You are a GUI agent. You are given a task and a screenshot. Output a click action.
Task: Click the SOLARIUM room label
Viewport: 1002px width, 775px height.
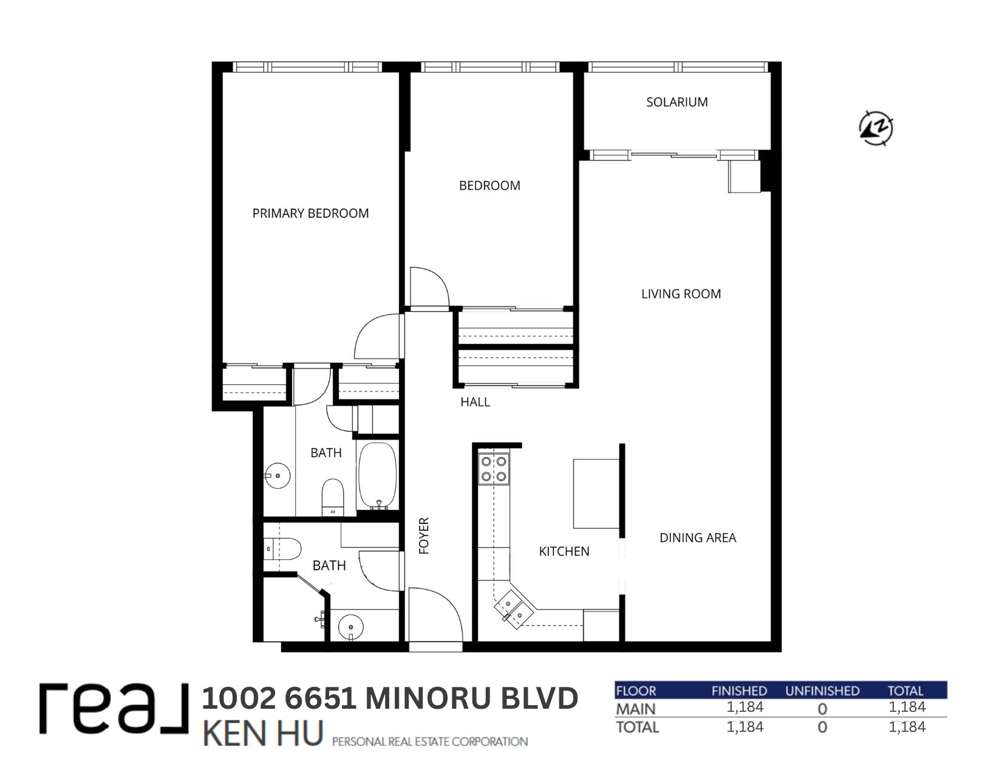click(x=677, y=102)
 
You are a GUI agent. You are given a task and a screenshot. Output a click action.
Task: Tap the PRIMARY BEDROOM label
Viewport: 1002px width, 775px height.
click(x=310, y=213)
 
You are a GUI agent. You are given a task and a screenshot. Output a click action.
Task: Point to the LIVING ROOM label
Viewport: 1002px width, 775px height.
click(x=681, y=294)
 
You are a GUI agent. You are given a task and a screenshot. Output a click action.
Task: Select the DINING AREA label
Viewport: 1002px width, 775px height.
click(x=698, y=538)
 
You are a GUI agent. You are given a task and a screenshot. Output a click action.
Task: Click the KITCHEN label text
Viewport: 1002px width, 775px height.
click(x=564, y=551)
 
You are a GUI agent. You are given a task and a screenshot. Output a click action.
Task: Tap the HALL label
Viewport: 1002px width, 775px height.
click(x=475, y=402)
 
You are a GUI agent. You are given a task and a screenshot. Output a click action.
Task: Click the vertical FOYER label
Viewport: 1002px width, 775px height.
click(x=424, y=536)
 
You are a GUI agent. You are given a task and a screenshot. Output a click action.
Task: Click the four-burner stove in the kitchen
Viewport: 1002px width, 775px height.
click(x=494, y=469)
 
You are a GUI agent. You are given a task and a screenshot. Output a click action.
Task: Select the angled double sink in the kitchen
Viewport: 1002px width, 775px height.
click(x=514, y=609)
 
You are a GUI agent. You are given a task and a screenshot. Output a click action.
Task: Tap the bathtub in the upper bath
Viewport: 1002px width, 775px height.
click(x=378, y=476)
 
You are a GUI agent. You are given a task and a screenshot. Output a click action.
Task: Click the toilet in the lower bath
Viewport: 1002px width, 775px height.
click(x=282, y=549)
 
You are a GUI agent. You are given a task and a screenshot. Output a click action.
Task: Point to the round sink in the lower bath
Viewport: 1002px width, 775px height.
click(x=350, y=627)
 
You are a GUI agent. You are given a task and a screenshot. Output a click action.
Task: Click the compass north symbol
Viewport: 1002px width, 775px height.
click(x=876, y=128)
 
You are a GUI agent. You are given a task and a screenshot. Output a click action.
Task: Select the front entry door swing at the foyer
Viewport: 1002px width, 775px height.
click(x=436, y=615)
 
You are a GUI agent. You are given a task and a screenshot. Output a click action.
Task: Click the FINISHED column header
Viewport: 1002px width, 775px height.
click(x=739, y=691)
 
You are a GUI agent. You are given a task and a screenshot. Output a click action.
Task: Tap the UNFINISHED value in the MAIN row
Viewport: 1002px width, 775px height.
click(x=822, y=709)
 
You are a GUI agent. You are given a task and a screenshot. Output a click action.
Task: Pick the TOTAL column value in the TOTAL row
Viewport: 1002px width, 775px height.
click(x=907, y=727)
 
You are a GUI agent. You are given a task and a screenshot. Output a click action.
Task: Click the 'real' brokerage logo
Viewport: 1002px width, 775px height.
click(x=114, y=709)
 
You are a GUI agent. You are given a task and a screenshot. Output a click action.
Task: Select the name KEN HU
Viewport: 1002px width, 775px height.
click(x=263, y=733)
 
